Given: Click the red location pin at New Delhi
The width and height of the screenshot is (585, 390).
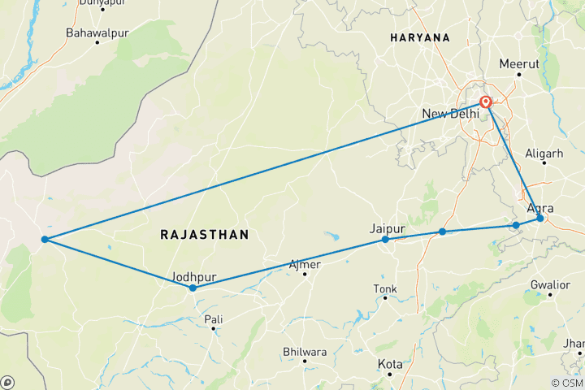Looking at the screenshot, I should click(x=486, y=102).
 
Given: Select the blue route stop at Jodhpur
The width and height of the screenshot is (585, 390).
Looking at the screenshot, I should click(x=193, y=288).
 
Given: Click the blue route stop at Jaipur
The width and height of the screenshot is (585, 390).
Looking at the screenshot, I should click(x=385, y=240).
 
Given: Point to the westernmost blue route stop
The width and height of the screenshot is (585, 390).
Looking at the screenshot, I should click(x=45, y=239).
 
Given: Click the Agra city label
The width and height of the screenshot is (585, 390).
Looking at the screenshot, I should click(x=540, y=208).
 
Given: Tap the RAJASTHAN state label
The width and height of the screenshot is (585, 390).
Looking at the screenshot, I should click(x=204, y=234).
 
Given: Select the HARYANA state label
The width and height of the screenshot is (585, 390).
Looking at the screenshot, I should click(x=419, y=38).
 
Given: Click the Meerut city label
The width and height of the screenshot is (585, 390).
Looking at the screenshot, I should click(x=519, y=63).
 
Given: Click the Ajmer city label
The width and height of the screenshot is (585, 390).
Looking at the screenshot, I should click(x=305, y=265).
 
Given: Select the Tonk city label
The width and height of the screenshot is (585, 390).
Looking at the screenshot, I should click(x=384, y=288).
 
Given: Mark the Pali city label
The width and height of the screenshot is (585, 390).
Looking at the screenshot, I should click(x=213, y=319).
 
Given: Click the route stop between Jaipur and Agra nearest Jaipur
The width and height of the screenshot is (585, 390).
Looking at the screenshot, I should click(x=442, y=232).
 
